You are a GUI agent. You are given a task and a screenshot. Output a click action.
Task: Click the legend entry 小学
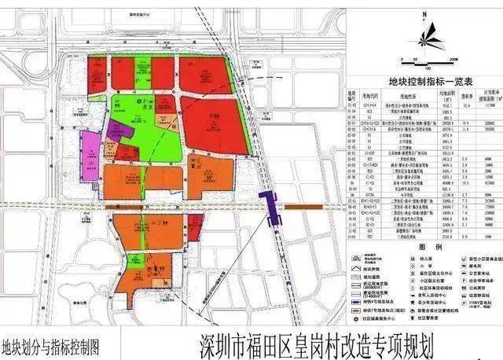point(425,266)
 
